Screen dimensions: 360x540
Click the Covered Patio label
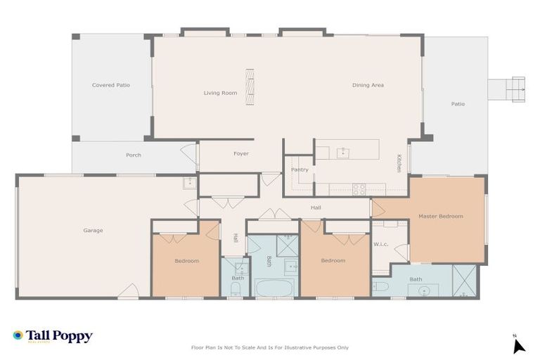(111, 85)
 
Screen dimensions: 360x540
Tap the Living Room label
(220, 93)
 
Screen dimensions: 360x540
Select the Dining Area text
(368, 85)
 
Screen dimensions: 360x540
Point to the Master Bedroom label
(441, 216)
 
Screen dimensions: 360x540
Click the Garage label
(93, 231)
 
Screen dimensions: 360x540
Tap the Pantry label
(300, 169)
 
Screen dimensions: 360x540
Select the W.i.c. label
(381, 245)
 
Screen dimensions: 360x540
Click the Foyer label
(240, 153)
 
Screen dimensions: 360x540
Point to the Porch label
(134, 155)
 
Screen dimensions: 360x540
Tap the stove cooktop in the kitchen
(359, 188)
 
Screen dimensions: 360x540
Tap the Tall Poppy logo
(53, 336)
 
